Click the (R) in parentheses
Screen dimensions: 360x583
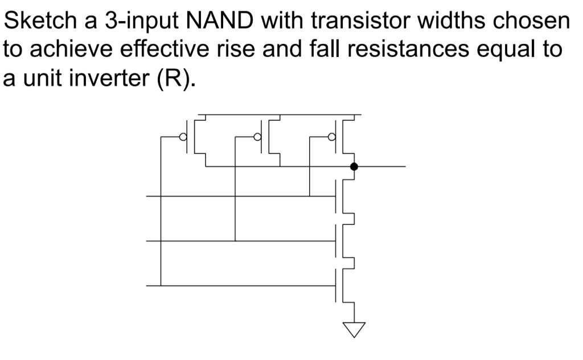point(173,79)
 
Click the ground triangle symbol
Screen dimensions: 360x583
point(354,330)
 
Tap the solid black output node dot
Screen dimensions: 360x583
point(354,167)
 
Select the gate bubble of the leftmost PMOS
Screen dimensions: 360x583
point(183,137)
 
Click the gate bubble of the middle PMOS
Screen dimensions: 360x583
point(257,137)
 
